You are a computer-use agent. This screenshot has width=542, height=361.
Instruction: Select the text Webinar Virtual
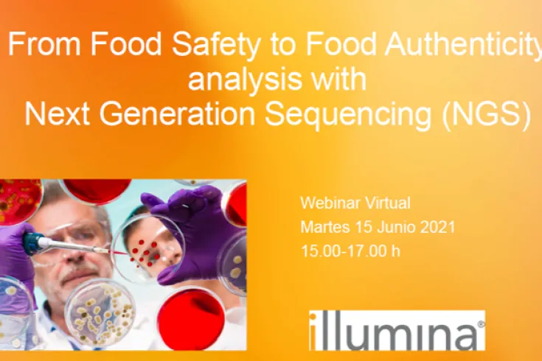(355, 203)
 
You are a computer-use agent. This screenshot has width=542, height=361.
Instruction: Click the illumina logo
(397, 330)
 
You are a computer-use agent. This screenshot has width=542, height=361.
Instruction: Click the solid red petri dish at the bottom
(190, 319)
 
